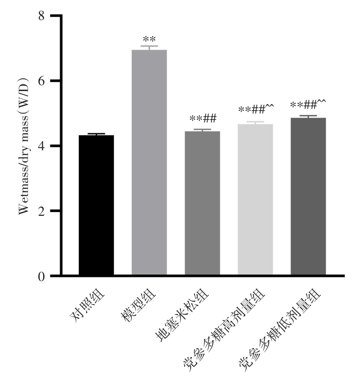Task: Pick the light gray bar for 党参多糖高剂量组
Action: [x=255, y=199]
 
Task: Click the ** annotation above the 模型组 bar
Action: [x=149, y=39]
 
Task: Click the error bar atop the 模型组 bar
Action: [x=149, y=47]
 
